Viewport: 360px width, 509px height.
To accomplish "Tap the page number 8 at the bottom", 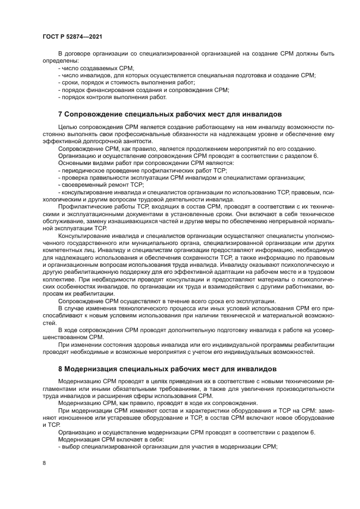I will (44, 463).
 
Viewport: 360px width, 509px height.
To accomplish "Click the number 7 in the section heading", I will (60, 114).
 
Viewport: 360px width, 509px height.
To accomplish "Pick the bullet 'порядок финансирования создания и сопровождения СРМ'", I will (143, 89).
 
